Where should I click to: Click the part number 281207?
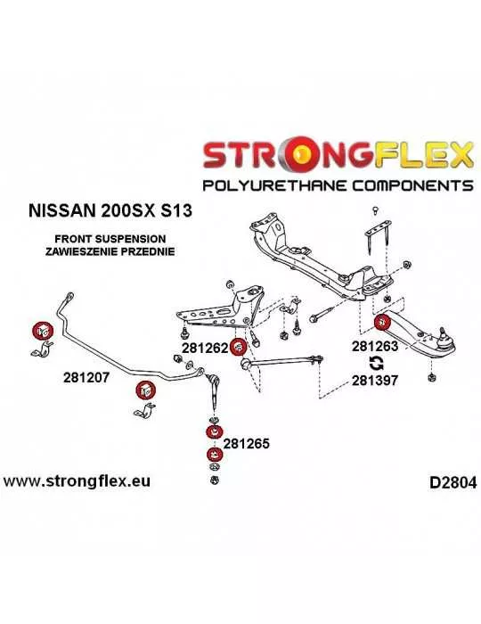click(x=86, y=377)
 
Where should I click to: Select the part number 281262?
click(x=205, y=348)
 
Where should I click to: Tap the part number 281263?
click(x=375, y=346)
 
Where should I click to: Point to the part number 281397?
click(x=375, y=381)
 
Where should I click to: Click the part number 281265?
click(x=247, y=443)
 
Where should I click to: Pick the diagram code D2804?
click(x=452, y=483)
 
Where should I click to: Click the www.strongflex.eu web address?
click(x=77, y=481)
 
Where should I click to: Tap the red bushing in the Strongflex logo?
click(x=304, y=152)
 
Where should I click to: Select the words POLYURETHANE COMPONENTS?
click(x=338, y=185)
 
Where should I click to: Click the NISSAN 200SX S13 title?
click(x=110, y=210)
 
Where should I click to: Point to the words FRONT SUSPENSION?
click(x=110, y=239)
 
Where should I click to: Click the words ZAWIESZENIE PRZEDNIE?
click(x=110, y=251)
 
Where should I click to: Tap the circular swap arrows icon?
click(x=376, y=363)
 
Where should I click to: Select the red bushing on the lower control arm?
click(x=382, y=322)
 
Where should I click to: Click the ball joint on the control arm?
click(x=444, y=337)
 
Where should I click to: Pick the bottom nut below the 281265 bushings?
click(x=215, y=480)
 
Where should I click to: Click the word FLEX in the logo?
click(x=423, y=153)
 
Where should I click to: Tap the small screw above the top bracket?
click(x=374, y=210)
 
